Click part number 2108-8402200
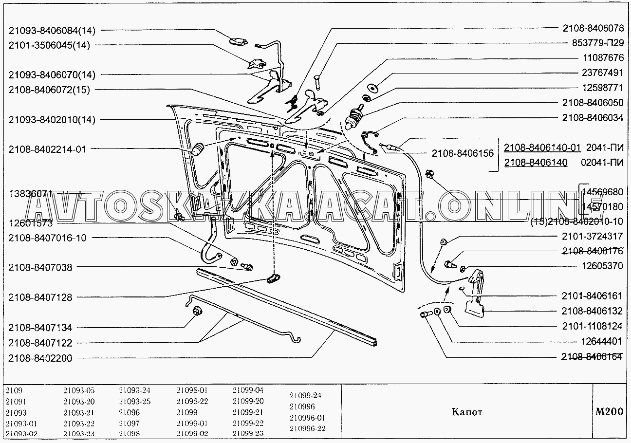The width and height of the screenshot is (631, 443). point(40,358)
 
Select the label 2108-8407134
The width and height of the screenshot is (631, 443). point(40,328)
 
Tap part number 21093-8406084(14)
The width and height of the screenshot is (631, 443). point(52,31)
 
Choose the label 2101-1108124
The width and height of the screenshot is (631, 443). point(592,326)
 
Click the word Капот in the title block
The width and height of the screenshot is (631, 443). point(466,412)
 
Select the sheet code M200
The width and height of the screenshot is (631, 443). point(609,411)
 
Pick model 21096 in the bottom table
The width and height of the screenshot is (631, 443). point(129,412)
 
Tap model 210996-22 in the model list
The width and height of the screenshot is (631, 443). point(307,428)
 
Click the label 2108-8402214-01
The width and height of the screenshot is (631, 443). point(47,149)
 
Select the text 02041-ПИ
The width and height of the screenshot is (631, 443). point(604,163)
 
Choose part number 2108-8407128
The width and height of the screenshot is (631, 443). point(40,297)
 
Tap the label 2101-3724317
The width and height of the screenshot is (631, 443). point(592,237)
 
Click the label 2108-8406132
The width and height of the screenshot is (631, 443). point(592,311)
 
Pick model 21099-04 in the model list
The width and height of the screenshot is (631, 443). point(248,390)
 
